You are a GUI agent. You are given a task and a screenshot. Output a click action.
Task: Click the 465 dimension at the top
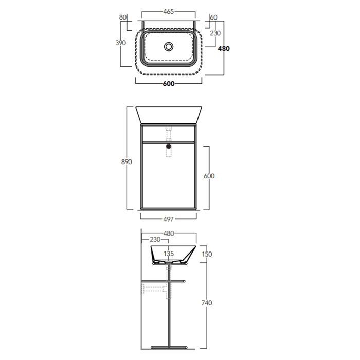(x=169, y=11)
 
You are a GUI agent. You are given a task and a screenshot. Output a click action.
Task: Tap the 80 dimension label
(x=123, y=17)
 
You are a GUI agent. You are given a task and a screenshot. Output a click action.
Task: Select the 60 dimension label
(x=213, y=17)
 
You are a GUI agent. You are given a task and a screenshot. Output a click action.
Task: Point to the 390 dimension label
(x=120, y=43)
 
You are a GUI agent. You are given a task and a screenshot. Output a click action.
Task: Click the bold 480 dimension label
(x=224, y=49)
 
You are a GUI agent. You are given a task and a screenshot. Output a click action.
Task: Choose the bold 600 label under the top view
(x=169, y=84)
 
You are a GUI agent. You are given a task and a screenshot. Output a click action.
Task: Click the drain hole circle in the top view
(x=169, y=47)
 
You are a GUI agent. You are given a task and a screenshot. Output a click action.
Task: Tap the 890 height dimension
(x=127, y=162)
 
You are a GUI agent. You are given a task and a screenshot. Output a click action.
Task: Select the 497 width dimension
(x=168, y=219)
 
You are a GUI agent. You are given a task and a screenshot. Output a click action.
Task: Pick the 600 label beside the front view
(x=209, y=176)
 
